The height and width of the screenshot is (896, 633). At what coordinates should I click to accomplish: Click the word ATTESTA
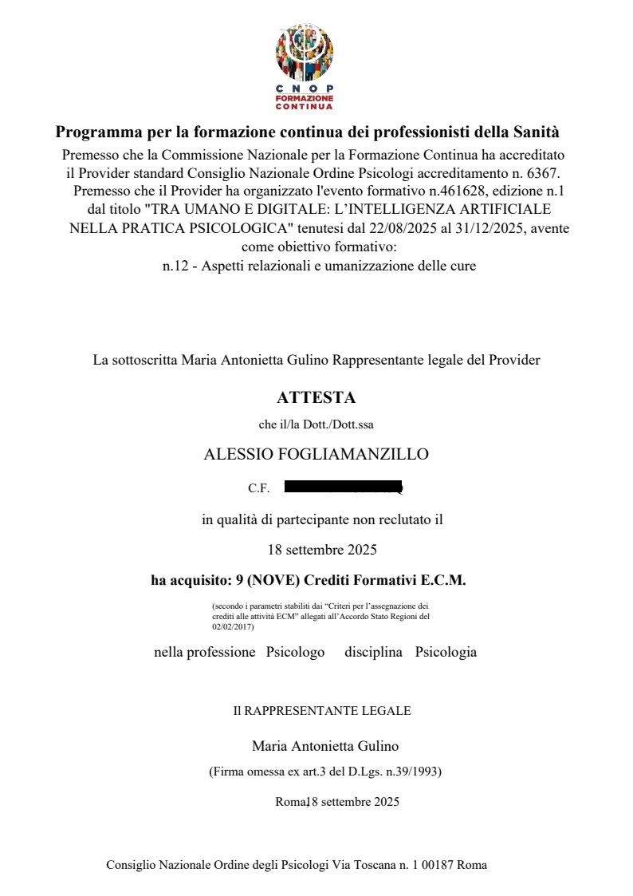click(316, 397)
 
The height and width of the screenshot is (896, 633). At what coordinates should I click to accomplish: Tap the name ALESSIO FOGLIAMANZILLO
click(316, 455)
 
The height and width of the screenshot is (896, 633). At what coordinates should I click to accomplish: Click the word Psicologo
click(295, 652)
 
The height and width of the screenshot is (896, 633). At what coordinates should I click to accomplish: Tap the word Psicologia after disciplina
click(446, 652)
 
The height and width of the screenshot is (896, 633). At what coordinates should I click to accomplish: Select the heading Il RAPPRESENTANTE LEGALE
click(322, 710)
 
